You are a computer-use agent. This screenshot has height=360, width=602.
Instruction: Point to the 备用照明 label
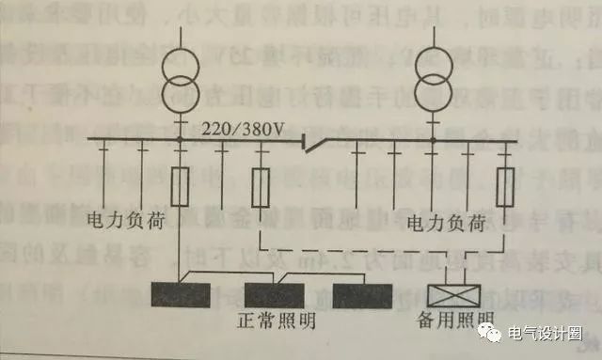(x=454, y=321)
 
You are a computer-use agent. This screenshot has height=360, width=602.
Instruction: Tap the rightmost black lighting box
(x=362, y=294)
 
